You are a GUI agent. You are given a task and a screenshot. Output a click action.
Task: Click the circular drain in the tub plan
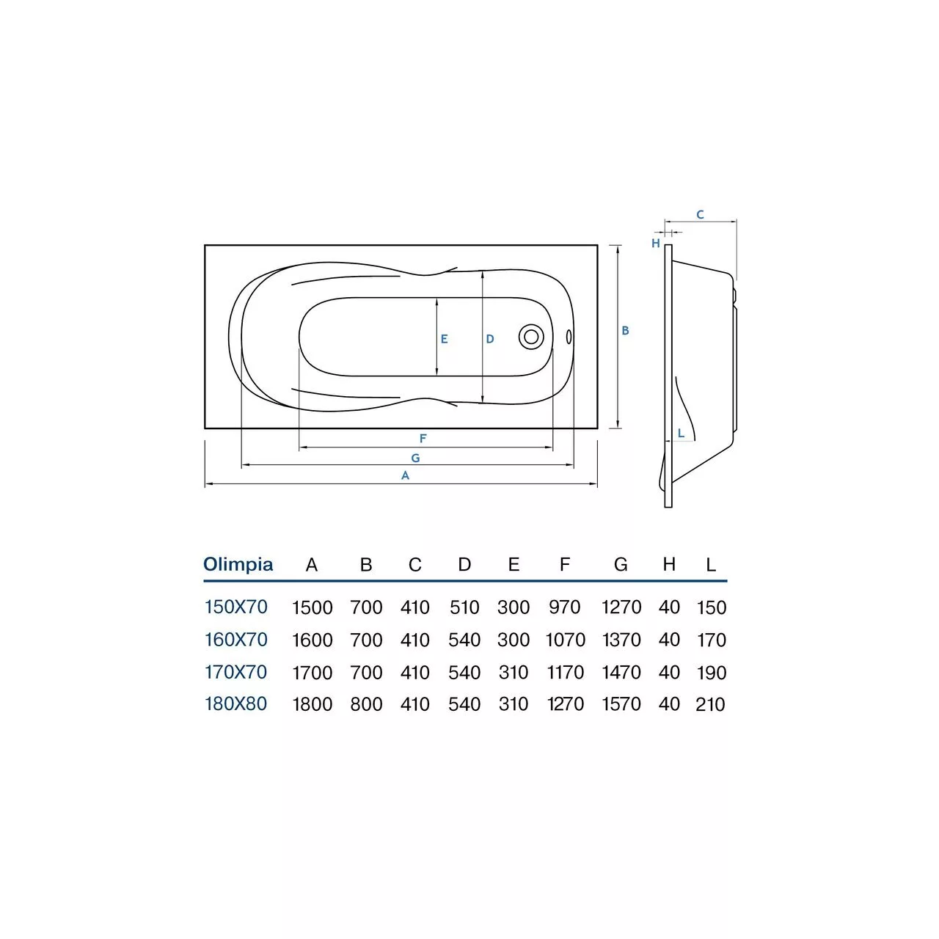[x=530, y=337]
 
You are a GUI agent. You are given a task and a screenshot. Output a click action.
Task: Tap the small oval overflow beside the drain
[x=569, y=337]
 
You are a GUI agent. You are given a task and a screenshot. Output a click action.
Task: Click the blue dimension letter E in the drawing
[x=444, y=339]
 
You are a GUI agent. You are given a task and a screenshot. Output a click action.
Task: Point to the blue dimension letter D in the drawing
[x=490, y=339]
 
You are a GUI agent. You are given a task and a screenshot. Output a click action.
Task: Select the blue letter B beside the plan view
[x=625, y=330]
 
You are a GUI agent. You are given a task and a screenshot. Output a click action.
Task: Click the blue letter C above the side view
[x=701, y=214]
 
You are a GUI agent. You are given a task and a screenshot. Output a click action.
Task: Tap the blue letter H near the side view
[x=656, y=243]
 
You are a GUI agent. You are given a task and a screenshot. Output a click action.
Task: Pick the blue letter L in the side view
[x=682, y=433]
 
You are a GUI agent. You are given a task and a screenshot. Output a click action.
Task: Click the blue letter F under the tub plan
[x=423, y=439]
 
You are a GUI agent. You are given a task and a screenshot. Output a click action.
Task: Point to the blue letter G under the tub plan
[x=415, y=458]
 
